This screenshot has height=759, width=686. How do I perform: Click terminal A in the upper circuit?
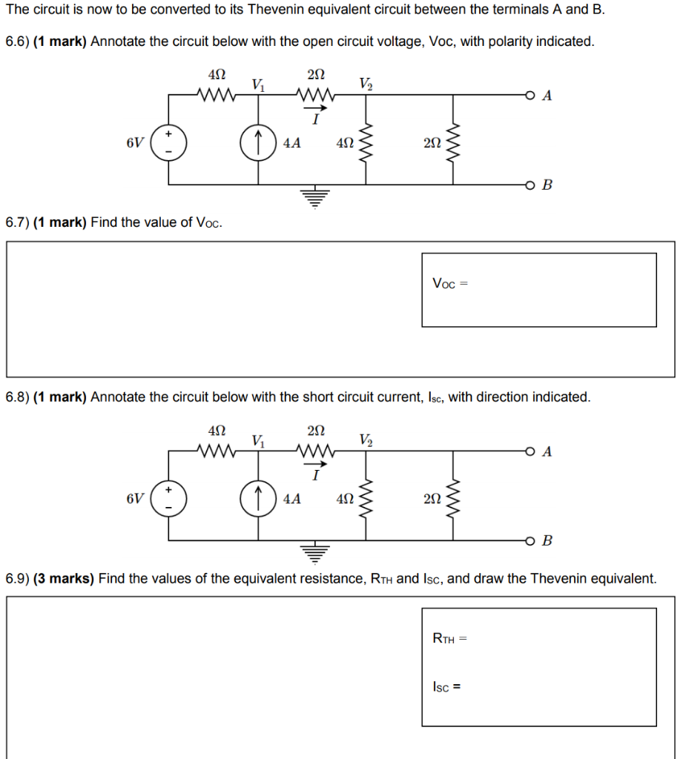[529, 96]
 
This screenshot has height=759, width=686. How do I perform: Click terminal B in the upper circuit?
[529, 184]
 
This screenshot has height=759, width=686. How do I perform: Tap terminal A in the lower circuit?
[529, 451]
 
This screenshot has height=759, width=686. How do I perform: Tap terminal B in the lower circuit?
[529, 540]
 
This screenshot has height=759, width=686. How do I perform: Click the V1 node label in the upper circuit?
[258, 84]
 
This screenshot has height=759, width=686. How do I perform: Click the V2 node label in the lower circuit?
[366, 440]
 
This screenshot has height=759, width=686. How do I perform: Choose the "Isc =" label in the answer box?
[447, 686]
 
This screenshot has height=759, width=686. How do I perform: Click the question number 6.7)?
[17, 222]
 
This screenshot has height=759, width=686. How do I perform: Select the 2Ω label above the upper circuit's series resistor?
[316, 75]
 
